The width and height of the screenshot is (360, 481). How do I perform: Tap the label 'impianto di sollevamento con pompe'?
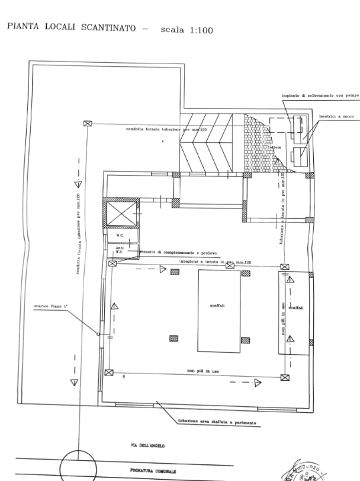coord(320,95)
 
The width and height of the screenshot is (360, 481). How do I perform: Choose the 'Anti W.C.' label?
coord(118,250)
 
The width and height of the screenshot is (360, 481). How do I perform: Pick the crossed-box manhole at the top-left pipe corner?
coord(87,123)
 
